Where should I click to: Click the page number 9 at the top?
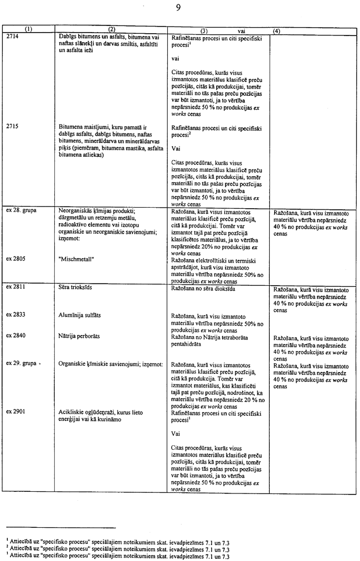(x=178, y=8)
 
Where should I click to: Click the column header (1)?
(x=28, y=31)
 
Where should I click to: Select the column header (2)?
(x=110, y=31)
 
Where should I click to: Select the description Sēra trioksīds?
(x=77, y=287)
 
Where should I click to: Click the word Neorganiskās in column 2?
(x=75, y=211)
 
